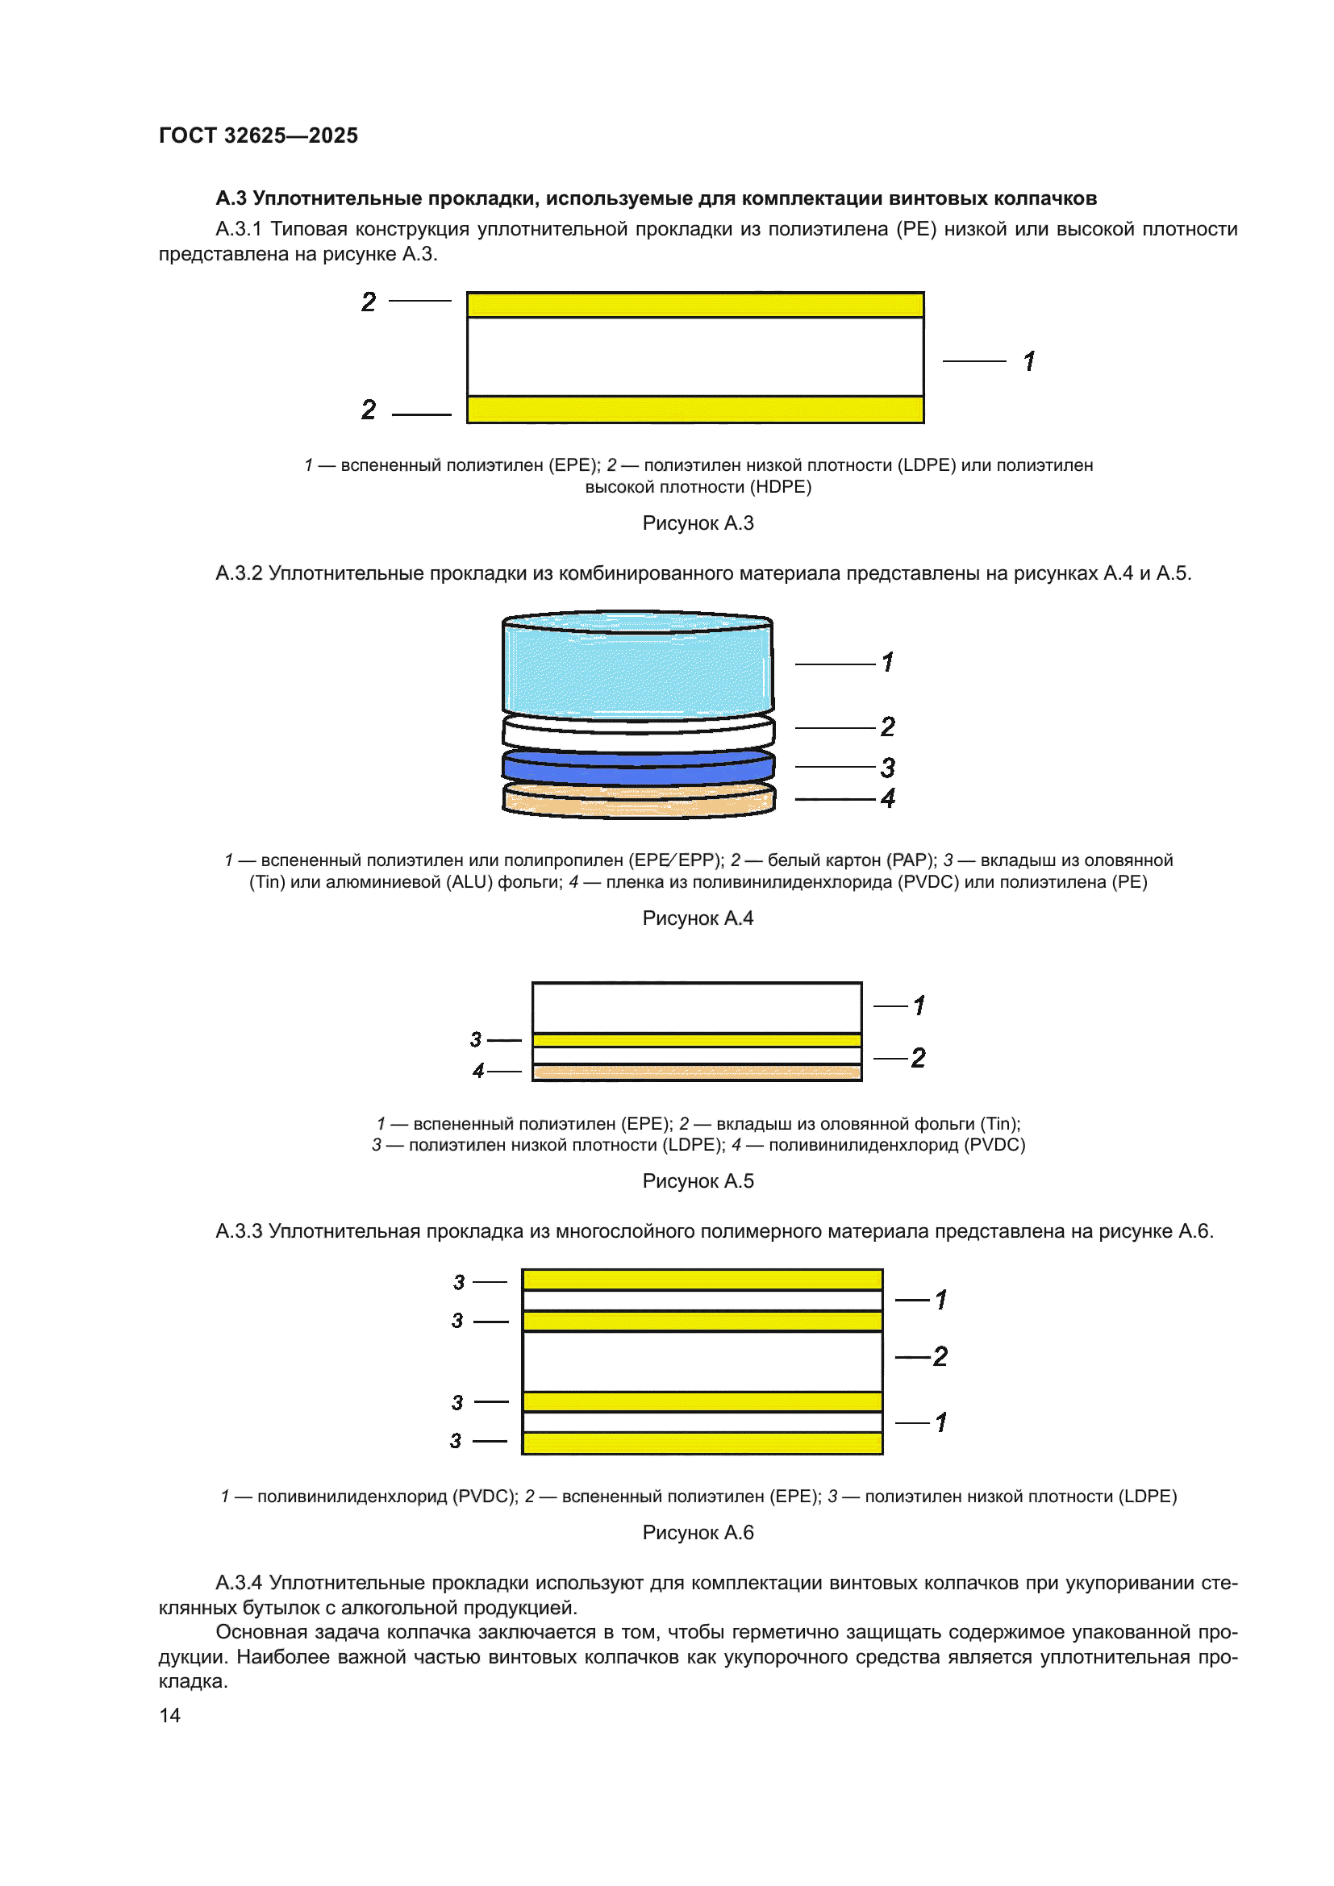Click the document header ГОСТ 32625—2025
258,135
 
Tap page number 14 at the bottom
169,1715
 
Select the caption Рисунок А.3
698,523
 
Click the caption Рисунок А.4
698,918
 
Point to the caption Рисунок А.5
698,1181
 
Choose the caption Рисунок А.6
698,1533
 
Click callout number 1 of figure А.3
1029,361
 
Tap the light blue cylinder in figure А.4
637,667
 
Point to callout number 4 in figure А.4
888,798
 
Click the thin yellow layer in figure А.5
697,1041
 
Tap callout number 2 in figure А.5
919,1058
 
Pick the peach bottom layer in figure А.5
697,1072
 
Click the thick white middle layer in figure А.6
702,1361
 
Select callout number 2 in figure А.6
940,1356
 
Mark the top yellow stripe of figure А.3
695,306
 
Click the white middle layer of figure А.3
695,357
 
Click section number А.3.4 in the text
239,1583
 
